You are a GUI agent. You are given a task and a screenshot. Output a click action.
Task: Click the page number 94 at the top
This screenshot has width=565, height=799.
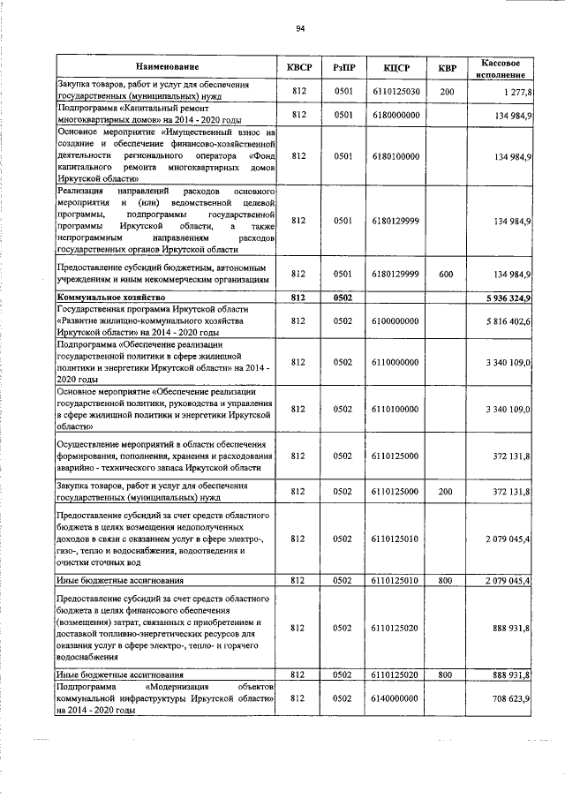pos(300,29)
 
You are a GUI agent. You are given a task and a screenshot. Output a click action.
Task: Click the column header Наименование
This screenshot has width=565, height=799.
pos(167,67)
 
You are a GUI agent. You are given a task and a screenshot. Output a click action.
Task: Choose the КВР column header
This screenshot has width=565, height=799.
pos(448,67)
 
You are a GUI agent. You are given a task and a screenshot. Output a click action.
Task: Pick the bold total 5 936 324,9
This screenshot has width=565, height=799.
pos(501,298)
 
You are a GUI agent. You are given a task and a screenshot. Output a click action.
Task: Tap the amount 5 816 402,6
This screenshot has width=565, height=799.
pos(501,320)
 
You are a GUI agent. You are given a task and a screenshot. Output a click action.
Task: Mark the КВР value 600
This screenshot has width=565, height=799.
pos(447,274)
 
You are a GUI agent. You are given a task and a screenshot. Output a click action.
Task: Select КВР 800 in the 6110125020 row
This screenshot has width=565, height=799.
pos(447,675)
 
